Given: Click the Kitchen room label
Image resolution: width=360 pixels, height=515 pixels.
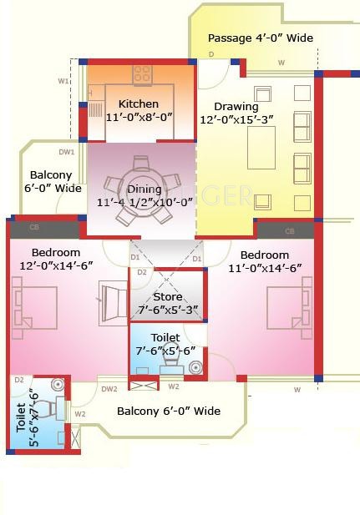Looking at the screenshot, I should (139, 104).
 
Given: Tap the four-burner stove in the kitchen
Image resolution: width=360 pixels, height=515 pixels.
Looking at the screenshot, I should (143, 73).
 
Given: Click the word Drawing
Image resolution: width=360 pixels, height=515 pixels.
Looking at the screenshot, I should (236, 107).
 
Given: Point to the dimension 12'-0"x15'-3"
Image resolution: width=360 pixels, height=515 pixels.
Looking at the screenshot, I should (236, 119).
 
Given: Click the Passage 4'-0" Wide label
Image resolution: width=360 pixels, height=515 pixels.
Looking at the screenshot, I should (248, 38).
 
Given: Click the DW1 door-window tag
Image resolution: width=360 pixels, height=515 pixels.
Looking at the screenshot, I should (68, 153).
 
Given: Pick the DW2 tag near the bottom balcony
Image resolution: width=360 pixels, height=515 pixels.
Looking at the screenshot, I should (109, 388).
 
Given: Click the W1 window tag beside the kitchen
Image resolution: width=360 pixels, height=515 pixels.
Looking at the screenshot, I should (63, 81).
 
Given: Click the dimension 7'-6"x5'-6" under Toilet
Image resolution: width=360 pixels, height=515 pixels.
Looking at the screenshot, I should (165, 349).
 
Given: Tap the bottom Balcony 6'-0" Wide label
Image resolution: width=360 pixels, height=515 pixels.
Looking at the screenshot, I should (168, 411).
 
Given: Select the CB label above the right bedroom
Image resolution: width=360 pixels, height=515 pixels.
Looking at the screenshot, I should (289, 231).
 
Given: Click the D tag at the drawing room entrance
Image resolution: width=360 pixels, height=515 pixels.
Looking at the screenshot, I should (211, 54).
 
